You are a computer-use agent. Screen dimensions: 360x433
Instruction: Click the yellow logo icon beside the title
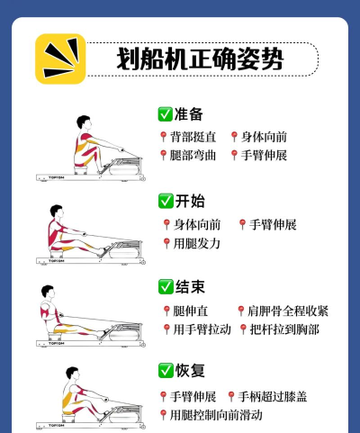(60, 59)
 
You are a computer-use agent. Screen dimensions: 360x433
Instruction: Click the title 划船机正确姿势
(200, 59)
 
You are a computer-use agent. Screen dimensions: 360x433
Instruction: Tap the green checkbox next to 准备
(165, 114)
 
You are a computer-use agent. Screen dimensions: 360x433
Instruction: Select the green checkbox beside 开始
(166, 201)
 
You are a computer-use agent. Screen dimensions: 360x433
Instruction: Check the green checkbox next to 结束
(166, 287)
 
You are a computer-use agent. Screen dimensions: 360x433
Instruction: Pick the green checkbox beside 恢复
(166, 371)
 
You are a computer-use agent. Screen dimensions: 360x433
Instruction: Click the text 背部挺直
(193, 137)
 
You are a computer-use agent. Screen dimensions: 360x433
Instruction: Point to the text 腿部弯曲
(193, 155)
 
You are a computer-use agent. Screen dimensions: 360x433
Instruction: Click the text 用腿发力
(197, 243)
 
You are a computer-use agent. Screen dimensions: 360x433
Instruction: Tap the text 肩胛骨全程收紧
(288, 311)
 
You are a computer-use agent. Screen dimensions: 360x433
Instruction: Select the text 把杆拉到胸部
(284, 329)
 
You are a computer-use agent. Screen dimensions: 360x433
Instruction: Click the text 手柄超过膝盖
(273, 396)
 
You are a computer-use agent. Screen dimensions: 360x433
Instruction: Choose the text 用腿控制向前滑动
(216, 415)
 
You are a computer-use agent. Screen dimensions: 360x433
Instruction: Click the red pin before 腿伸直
(166, 311)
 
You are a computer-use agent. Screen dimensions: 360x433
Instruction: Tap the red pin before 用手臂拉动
(166, 329)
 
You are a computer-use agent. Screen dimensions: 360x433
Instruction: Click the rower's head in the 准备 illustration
(84, 122)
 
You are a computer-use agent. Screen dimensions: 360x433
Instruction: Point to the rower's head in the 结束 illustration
(49, 292)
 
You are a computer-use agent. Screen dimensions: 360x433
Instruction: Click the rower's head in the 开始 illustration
(57, 212)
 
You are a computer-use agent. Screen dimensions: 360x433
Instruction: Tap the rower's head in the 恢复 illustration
(73, 374)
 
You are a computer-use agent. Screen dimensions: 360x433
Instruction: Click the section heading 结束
(190, 287)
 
